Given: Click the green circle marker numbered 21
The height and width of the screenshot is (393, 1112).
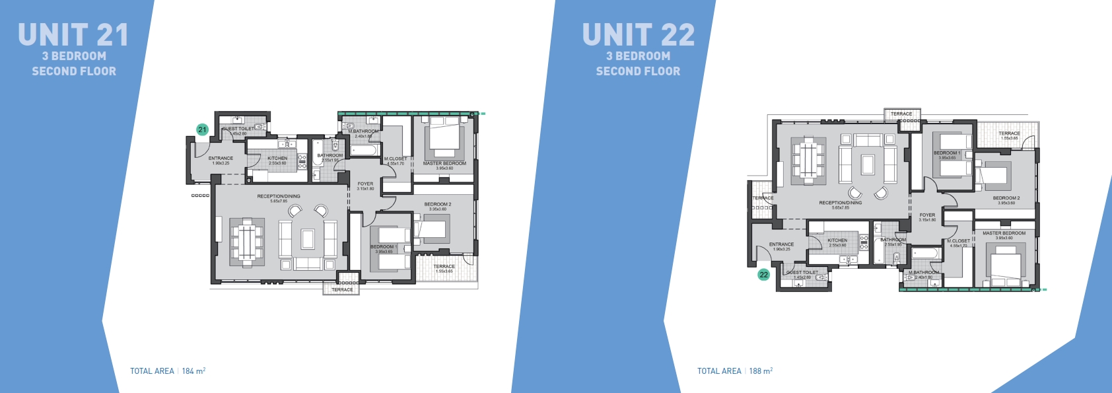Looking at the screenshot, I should [x=203, y=130].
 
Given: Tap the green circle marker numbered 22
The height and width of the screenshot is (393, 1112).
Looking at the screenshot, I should [x=764, y=275].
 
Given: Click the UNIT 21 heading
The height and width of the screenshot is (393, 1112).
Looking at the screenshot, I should [x=73, y=35].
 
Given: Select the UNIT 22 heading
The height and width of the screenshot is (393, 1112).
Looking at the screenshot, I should [x=638, y=35].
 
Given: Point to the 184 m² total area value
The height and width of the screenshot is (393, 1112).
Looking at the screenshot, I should [x=193, y=371].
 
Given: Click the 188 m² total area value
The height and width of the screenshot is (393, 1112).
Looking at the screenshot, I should [x=761, y=371].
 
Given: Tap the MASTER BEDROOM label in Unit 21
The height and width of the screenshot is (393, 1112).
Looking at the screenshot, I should [x=444, y=163].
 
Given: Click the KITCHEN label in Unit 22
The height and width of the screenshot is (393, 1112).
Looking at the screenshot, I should [x=837, y=240].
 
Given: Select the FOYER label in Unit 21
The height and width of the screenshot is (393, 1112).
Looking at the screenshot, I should [x=365, y=184].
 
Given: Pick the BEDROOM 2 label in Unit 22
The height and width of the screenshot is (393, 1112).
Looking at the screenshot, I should [x=1006, y=198].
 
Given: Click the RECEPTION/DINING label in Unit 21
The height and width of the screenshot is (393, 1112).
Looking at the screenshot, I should [x=279, y=196].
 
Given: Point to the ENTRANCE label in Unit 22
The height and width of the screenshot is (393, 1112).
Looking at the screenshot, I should [x=781, y=244].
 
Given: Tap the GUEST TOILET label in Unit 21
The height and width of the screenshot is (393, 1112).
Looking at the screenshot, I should [x=238, y=129].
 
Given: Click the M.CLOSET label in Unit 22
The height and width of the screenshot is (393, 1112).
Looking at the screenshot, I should [x=959, y=241].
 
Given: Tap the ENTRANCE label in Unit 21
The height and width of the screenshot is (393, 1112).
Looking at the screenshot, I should [x=221, y=159].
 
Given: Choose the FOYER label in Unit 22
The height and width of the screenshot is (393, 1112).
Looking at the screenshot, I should [x=927, y=215].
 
